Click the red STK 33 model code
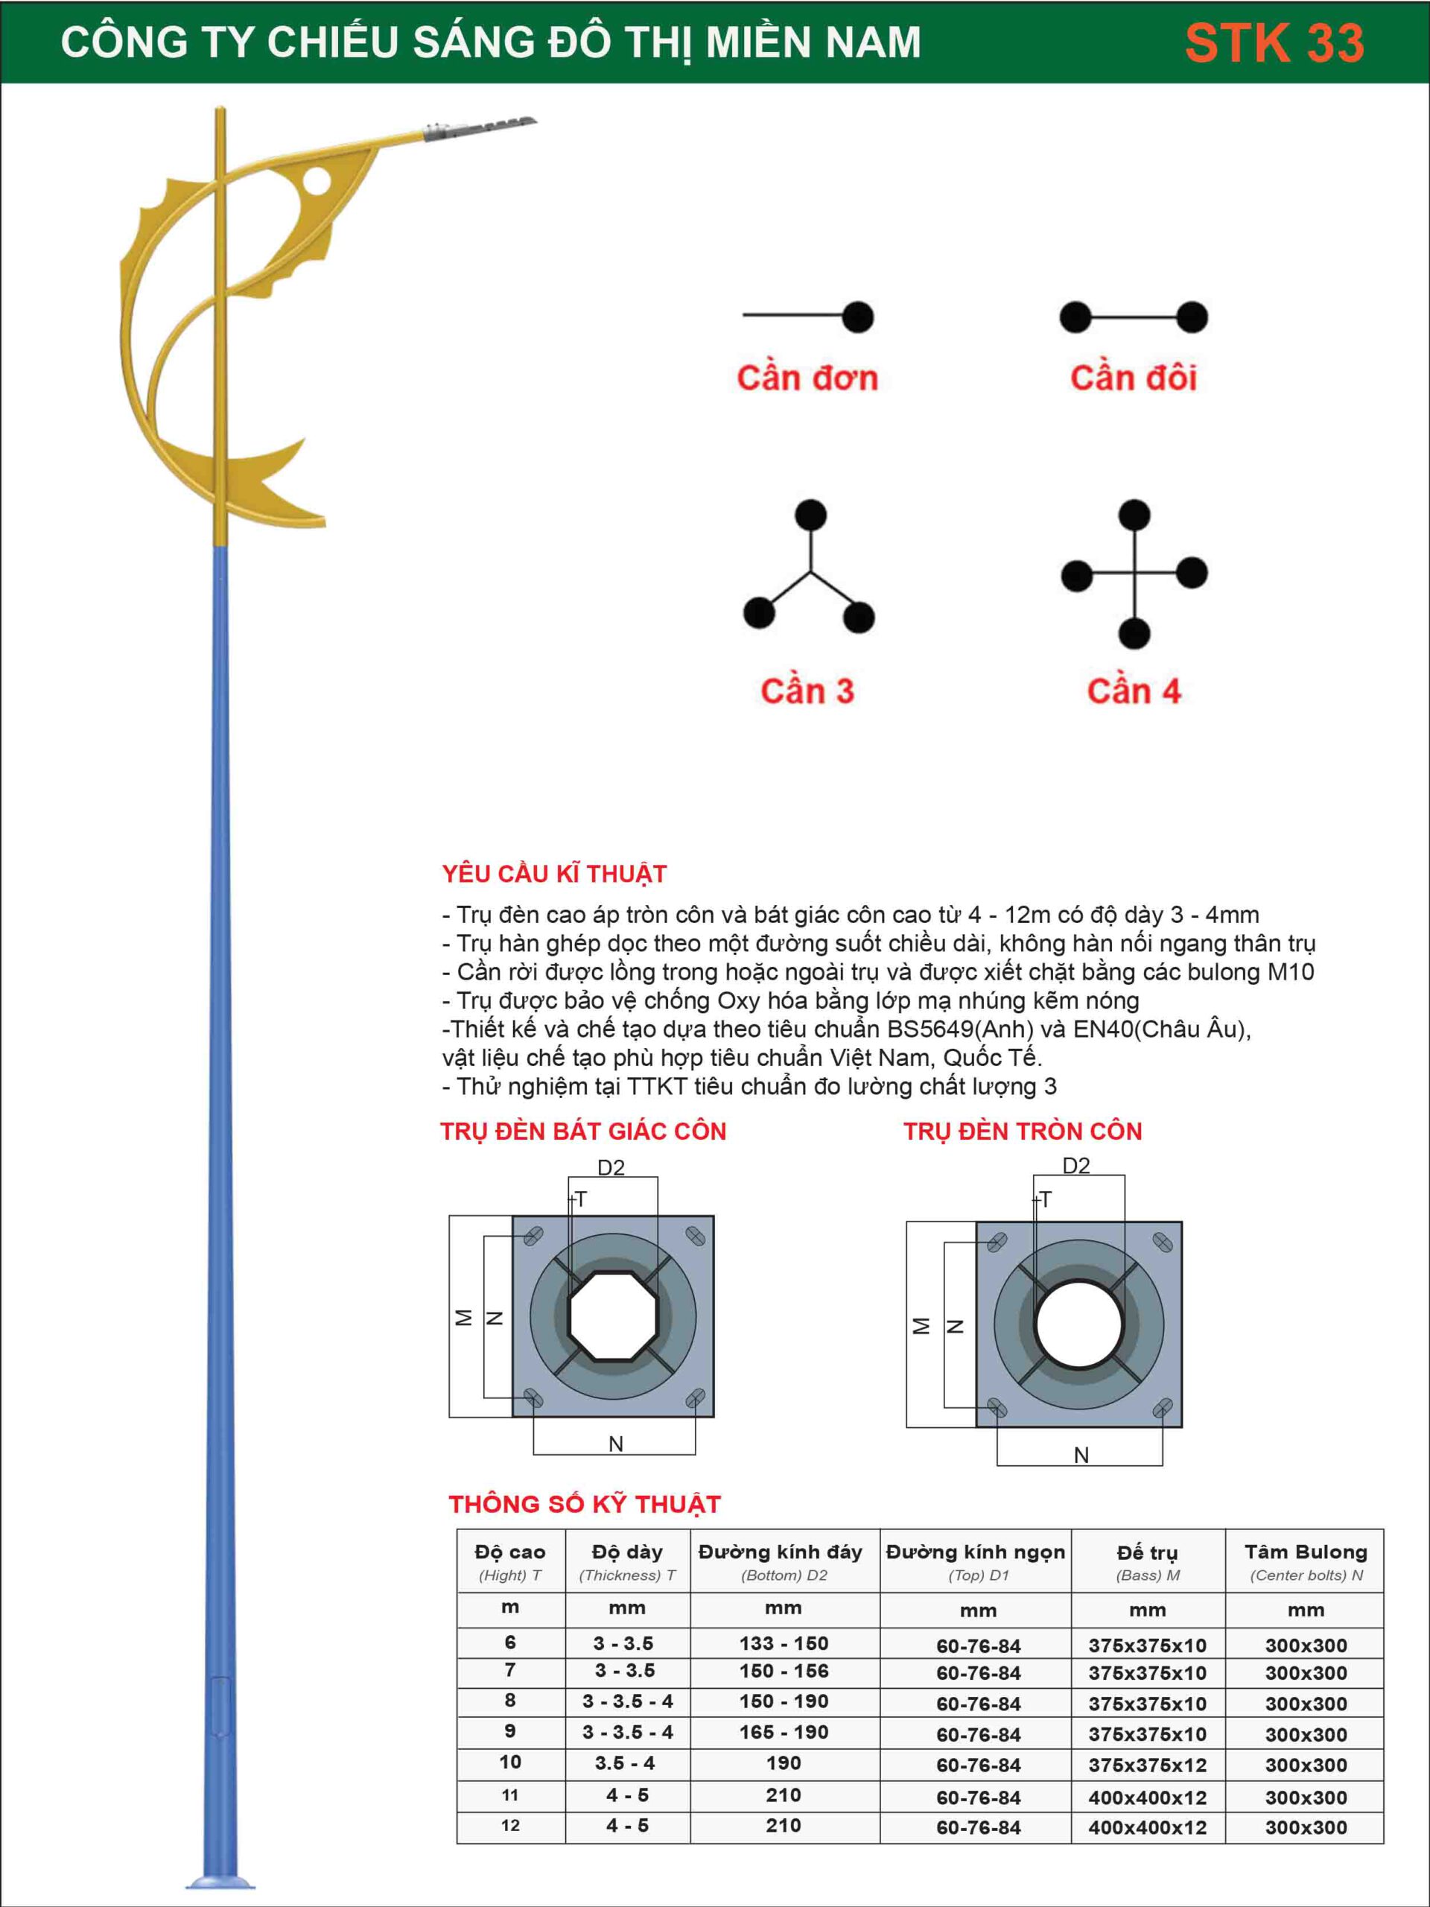(x=1274, y=43)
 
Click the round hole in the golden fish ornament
(x=316, y=180)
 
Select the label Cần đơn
(x=807, y=378)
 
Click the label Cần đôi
(x=1134, y=378)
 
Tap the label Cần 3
(x=807, y=691)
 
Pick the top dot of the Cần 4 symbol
(x=1134, y=515)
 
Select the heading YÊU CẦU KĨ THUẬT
(x=554, y=875)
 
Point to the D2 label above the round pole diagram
(x=1075, y=1167)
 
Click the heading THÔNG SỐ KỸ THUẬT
(x=585, y=1505)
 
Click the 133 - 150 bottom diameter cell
(x=784, y=1643)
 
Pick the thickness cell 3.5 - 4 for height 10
(x=626, y=1764)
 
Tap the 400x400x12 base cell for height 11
(x=1147, y=1798)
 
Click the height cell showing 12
(x=510, y=1826)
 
